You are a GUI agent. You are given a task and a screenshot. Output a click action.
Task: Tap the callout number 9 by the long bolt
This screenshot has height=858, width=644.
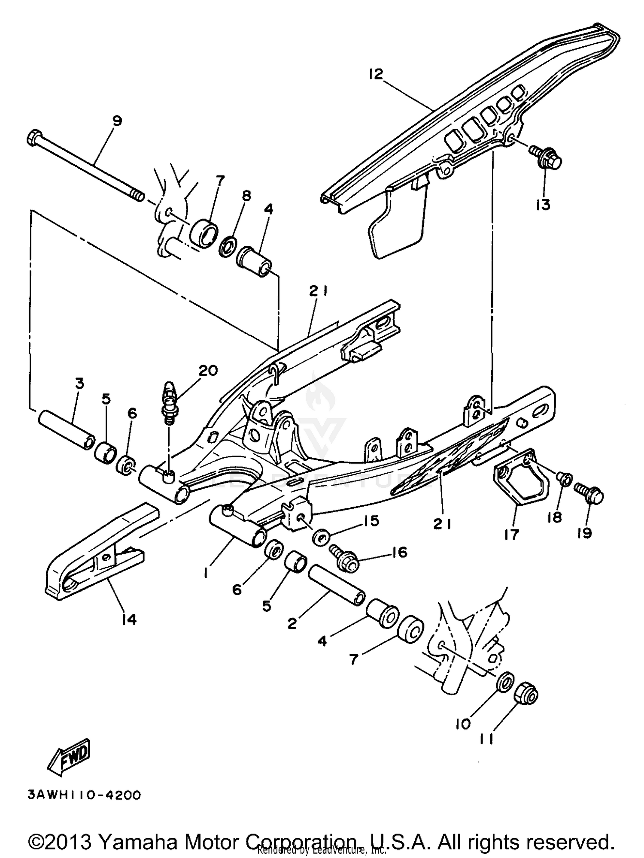(x=117, y=121)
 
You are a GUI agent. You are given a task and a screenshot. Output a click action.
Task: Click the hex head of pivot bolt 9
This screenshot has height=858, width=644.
(x=34, y=139)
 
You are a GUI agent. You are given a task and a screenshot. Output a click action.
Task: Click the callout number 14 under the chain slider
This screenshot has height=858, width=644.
(x=128, y=619)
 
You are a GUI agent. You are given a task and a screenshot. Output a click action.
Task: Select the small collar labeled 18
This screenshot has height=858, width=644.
(x=564, y=479)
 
